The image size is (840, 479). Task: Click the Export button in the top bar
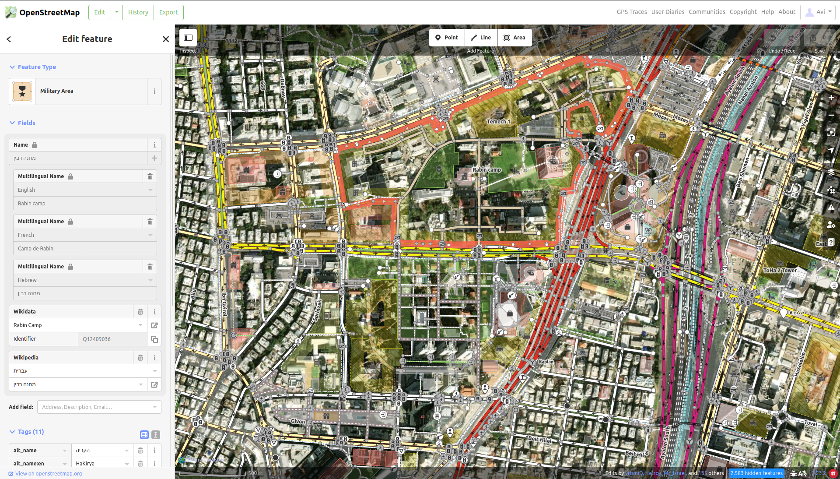pyautogui.click(x=168, y=12)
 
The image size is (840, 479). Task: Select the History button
pyautogui.click(x=138, y=12)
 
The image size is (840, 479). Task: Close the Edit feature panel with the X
pyautogui.click(x=166, y=39)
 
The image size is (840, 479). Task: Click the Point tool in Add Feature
pyautogui.click(x=447, y=38)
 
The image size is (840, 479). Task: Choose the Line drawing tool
pyautogui.click(x=481, y=38)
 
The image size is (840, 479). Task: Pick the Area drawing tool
pyautogui.click(x=514, y=38)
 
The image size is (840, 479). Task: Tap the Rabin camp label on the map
pyautogui.click(x=486, y=170)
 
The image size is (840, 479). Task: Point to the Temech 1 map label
pyautogui.click(x=498, y=122)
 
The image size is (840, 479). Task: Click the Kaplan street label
pyautogui.click(x=546, y=362)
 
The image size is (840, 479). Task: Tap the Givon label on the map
pyautogui.click(x=298, y=421)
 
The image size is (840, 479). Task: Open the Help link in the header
pyautogui.click(x=767, y=12)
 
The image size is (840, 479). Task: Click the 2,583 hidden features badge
pyautogui.click(x=756, y=473)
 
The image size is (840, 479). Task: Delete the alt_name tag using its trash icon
pyautogui.click(x=140, y=450)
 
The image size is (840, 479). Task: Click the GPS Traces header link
pyautogui.click(x=631, y=12)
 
